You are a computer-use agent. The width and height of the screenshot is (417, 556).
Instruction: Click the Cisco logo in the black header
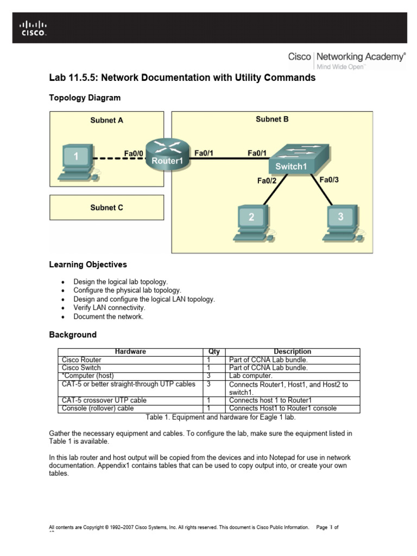(33, 28)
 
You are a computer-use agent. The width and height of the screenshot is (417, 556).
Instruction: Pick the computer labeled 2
(251, 223)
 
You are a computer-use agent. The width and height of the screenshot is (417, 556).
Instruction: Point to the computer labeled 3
(340, 222)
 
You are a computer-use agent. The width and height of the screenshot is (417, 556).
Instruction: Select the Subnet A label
(106, 121)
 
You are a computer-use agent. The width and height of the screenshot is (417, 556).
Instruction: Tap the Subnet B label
(272, 119)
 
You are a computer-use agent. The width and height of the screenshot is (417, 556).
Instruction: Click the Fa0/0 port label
(134, 154)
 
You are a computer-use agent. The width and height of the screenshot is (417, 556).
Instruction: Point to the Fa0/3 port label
(329, 180)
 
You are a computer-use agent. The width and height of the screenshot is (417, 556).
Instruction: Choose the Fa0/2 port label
(267, 181)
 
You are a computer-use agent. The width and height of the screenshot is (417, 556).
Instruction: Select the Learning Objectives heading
(88, 265)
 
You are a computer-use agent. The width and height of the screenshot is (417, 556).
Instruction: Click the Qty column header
(214, 352)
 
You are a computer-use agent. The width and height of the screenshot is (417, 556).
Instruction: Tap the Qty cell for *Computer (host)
(209, 376)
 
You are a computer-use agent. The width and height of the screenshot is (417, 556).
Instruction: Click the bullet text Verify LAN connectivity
(110, 308)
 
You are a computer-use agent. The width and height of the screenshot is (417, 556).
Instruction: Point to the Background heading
(73, 335)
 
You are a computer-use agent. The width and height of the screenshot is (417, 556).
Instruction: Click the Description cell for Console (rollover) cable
(282, 408)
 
